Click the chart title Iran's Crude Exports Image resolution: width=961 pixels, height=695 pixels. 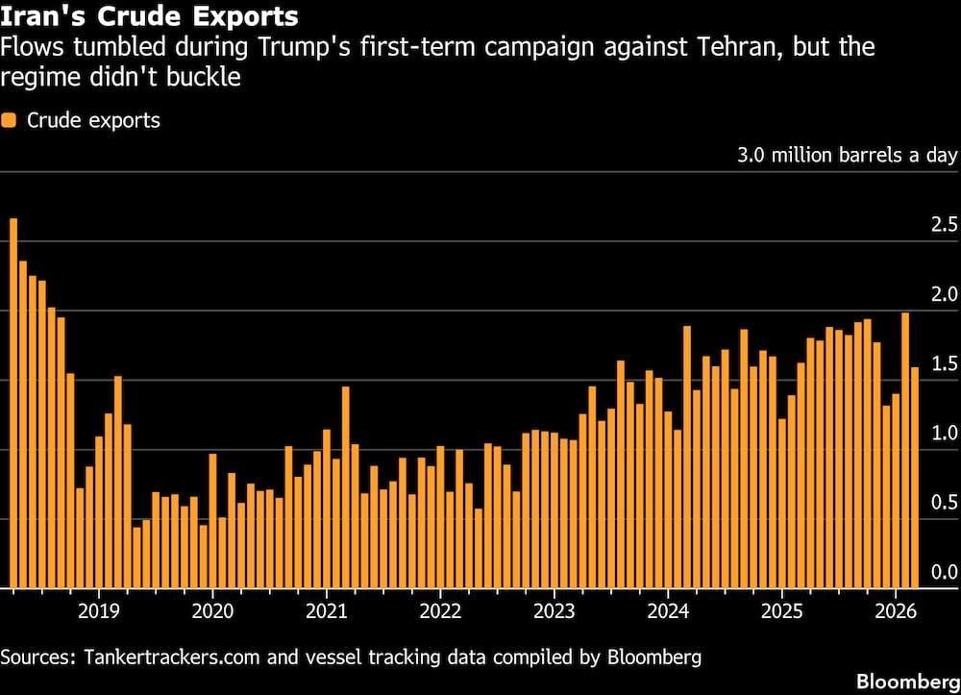coord(149,17)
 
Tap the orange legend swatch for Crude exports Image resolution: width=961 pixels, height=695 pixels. coord(10,121)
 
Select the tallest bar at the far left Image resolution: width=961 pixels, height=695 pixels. coord(13,404)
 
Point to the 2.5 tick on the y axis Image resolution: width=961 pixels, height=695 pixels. coord(945,225)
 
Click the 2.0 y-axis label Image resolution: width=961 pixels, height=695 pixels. coord(945,294)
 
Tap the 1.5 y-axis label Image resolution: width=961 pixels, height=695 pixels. coord(945,363)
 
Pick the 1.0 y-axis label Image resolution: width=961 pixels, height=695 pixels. coord(945,433)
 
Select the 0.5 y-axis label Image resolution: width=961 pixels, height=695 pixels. coord(945,502)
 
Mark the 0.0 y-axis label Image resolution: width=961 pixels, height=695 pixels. coord(945,572)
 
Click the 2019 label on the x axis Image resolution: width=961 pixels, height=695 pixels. coord(98,610)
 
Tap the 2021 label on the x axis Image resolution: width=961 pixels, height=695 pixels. coord(327,610)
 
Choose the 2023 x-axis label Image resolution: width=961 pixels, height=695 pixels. coord(554,610)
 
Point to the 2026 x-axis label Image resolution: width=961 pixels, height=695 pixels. coord(895,610)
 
